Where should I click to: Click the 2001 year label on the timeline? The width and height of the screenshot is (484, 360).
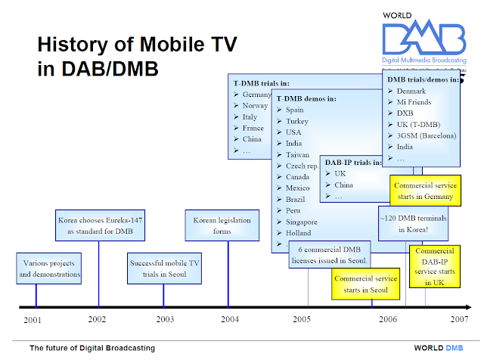pos(32,320)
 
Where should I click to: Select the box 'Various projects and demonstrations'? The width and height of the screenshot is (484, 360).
pos(51,268)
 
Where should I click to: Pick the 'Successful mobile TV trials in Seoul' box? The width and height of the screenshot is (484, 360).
pos(163,268)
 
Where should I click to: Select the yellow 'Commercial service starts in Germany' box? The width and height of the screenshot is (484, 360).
pos(423,191)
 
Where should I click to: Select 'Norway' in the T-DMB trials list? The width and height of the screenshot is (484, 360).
pos(256,106)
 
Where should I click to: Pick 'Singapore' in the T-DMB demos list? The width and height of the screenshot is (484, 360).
pos(302,222)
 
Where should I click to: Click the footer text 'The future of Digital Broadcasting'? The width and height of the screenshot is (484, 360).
pos(92,348)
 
